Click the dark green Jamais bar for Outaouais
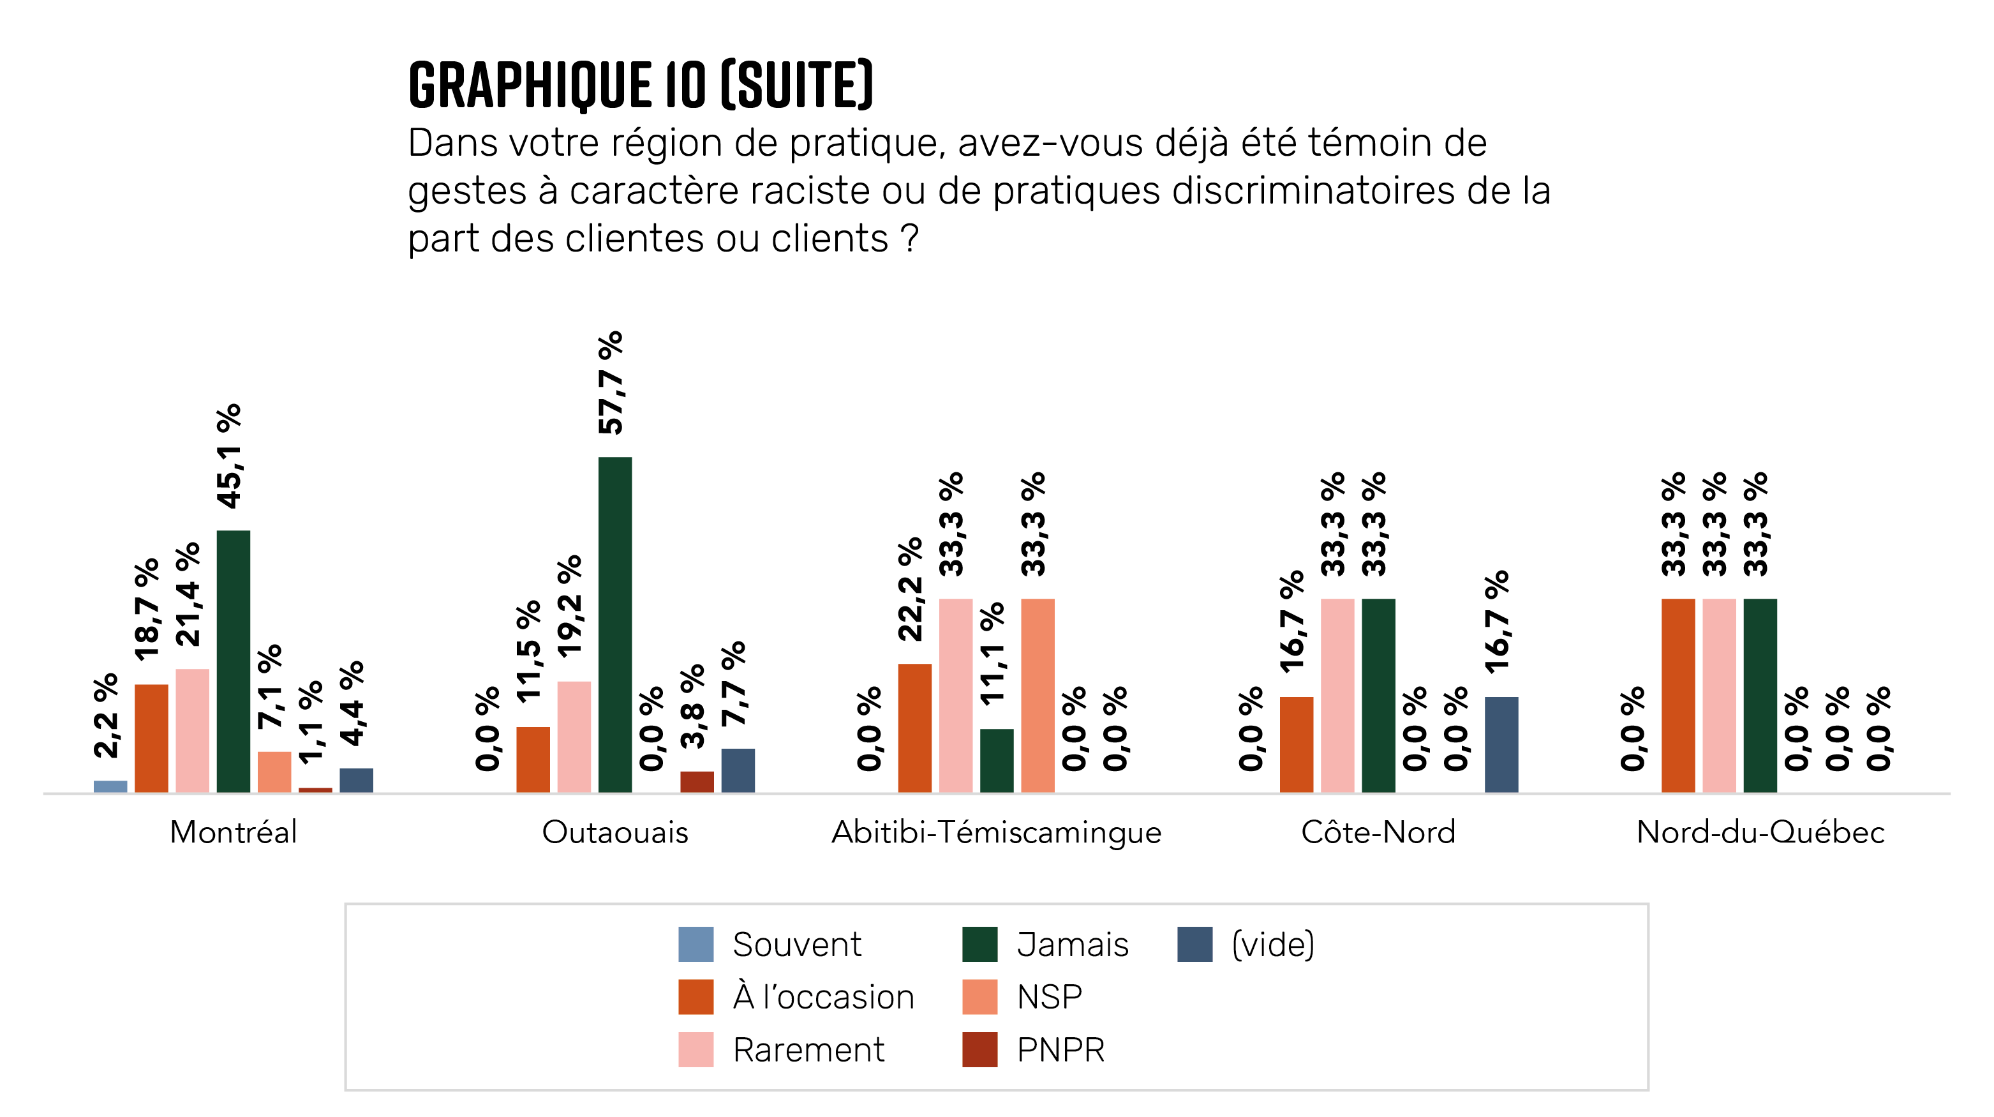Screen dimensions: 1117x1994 [x=614, y=624]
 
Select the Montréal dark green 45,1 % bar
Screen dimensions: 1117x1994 [x=233, y=661]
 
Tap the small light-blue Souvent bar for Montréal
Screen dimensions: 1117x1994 [x=110, y=786]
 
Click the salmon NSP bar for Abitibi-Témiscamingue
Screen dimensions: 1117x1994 [x=1038, y=695]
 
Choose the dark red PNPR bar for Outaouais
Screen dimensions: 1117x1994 [x=697, y=781]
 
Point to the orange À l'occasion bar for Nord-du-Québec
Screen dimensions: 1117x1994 [x=1678, y=695]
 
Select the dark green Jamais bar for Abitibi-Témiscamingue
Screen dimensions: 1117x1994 [x=996, y=760]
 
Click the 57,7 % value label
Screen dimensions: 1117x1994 [x=611, y=382]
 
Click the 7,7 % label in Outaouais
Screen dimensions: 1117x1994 [x=734, y=683]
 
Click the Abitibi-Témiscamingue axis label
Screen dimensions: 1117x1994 [x=996, y=832]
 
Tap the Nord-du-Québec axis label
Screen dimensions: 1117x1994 [x=1760, y=832]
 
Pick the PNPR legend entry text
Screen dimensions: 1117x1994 [x=1060, y=1049]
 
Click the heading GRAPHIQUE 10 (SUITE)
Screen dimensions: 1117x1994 [x=640, y=84]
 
